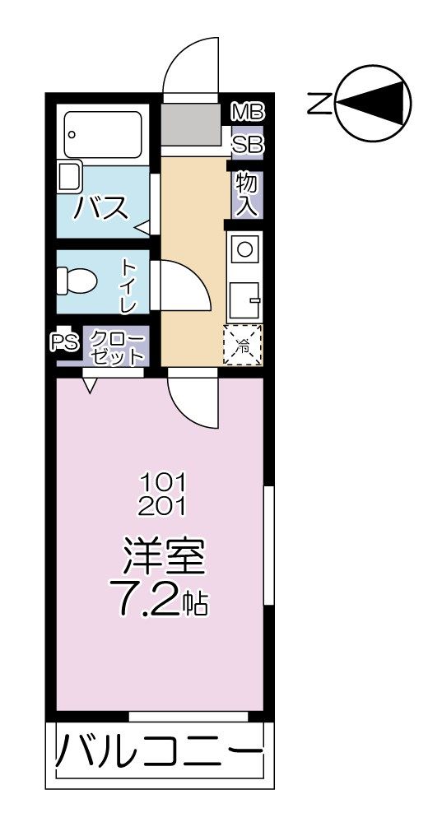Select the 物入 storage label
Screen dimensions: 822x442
(x=246, y=194)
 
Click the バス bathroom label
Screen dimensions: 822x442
(x=101, y=208)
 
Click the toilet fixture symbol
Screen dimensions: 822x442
(x=77, y=282)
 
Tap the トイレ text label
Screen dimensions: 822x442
(x=128, y=286)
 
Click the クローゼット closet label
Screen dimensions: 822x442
(x=114, y=346)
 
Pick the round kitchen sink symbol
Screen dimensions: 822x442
(x=244, y=245)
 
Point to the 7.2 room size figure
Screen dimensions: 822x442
(x=151, y=602)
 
